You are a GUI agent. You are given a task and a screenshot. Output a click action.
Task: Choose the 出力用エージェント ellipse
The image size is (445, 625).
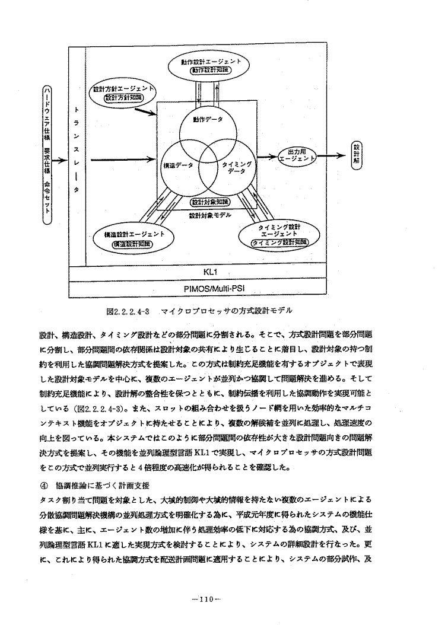295,157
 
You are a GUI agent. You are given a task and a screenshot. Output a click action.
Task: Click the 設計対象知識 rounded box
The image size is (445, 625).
206,203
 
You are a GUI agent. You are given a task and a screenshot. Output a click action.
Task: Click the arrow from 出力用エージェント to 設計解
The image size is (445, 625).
329,157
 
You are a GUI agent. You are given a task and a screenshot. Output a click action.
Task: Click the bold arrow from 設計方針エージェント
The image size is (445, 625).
147,112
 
